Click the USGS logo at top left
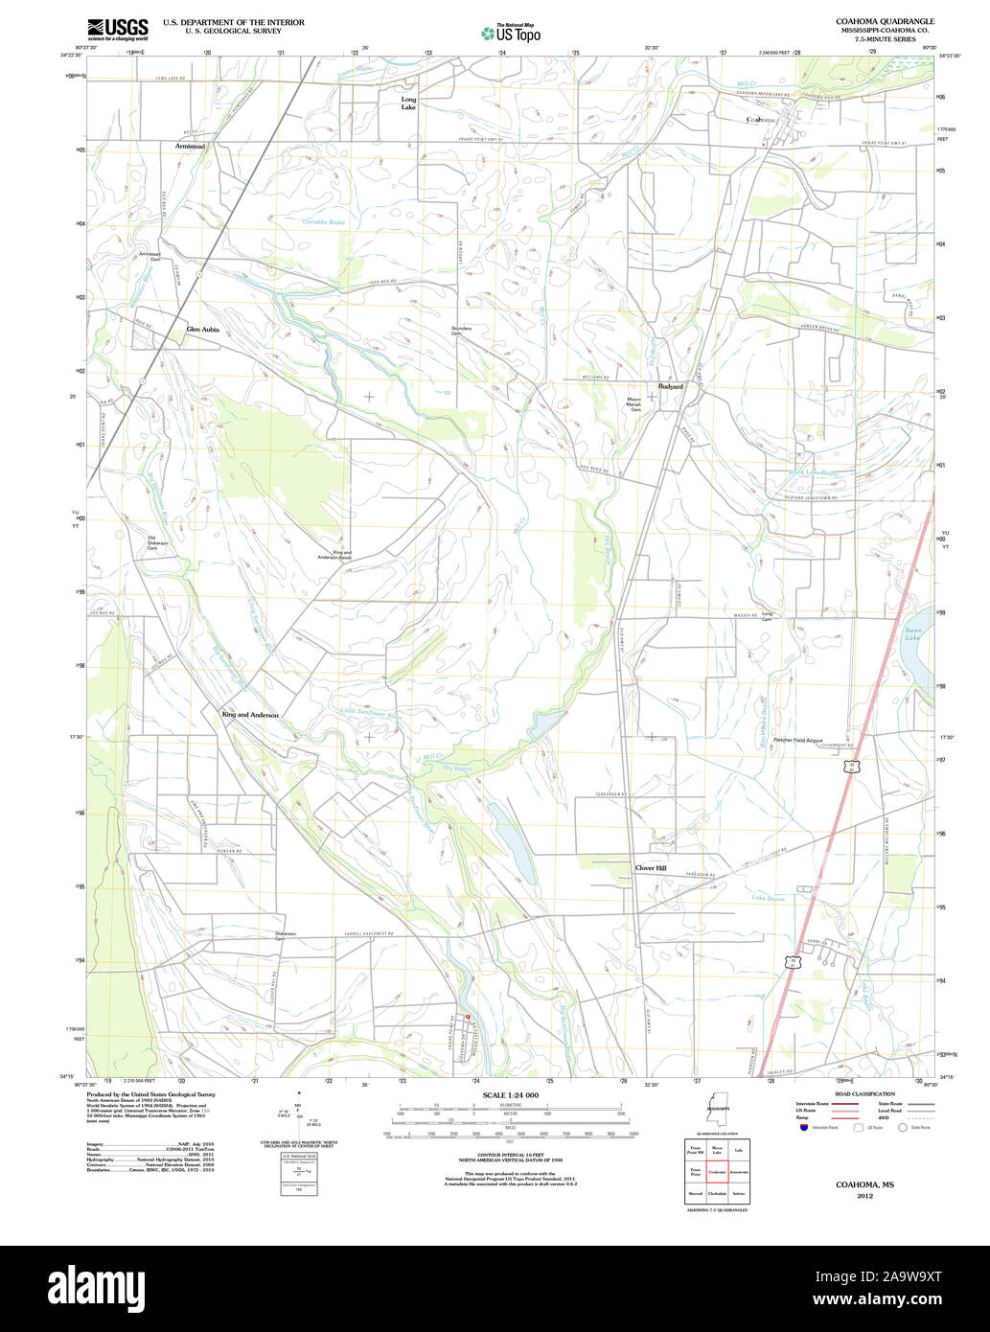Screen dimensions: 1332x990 (118, 29)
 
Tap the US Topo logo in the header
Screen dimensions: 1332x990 (511, 32)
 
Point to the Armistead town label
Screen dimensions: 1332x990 (190, 146)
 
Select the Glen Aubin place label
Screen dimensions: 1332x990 (202, 329)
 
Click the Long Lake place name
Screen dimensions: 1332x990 (408, 103)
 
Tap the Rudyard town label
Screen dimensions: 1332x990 (670, 386)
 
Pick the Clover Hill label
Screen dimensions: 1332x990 (650, 868)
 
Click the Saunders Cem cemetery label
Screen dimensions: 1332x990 (462, 331)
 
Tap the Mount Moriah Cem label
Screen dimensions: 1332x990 (633, 404)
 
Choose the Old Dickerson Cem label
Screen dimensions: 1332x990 (157, 542)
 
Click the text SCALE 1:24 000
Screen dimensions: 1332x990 (511, 1094)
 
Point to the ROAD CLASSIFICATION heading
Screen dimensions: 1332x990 (864, 1093)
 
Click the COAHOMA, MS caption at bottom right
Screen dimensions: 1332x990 (865, 1184)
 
